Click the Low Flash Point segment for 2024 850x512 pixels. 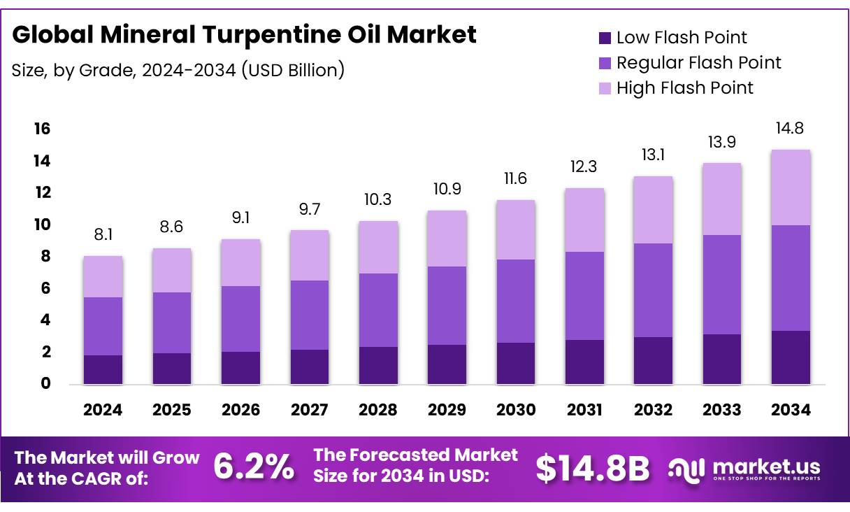click(103, 369)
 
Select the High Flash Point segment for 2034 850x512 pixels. click(791, 187)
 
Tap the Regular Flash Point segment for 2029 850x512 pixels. click(447, 306)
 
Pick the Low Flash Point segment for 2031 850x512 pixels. click(584, 362)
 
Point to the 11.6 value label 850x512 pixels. click(515, 178)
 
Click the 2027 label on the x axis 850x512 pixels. click(309, 411)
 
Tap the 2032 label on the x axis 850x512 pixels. click(653, 411)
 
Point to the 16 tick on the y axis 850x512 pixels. click(42, 129)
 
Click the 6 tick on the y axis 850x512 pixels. click(45, 288)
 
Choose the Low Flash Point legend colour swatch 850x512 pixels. click(605, 38)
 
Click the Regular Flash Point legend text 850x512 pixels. click(698, 63)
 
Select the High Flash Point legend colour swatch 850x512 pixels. click(605, 88)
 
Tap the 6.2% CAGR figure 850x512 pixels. click(254, 468)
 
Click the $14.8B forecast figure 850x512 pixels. click(592, 468)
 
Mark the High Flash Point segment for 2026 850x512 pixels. click(240, 263)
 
